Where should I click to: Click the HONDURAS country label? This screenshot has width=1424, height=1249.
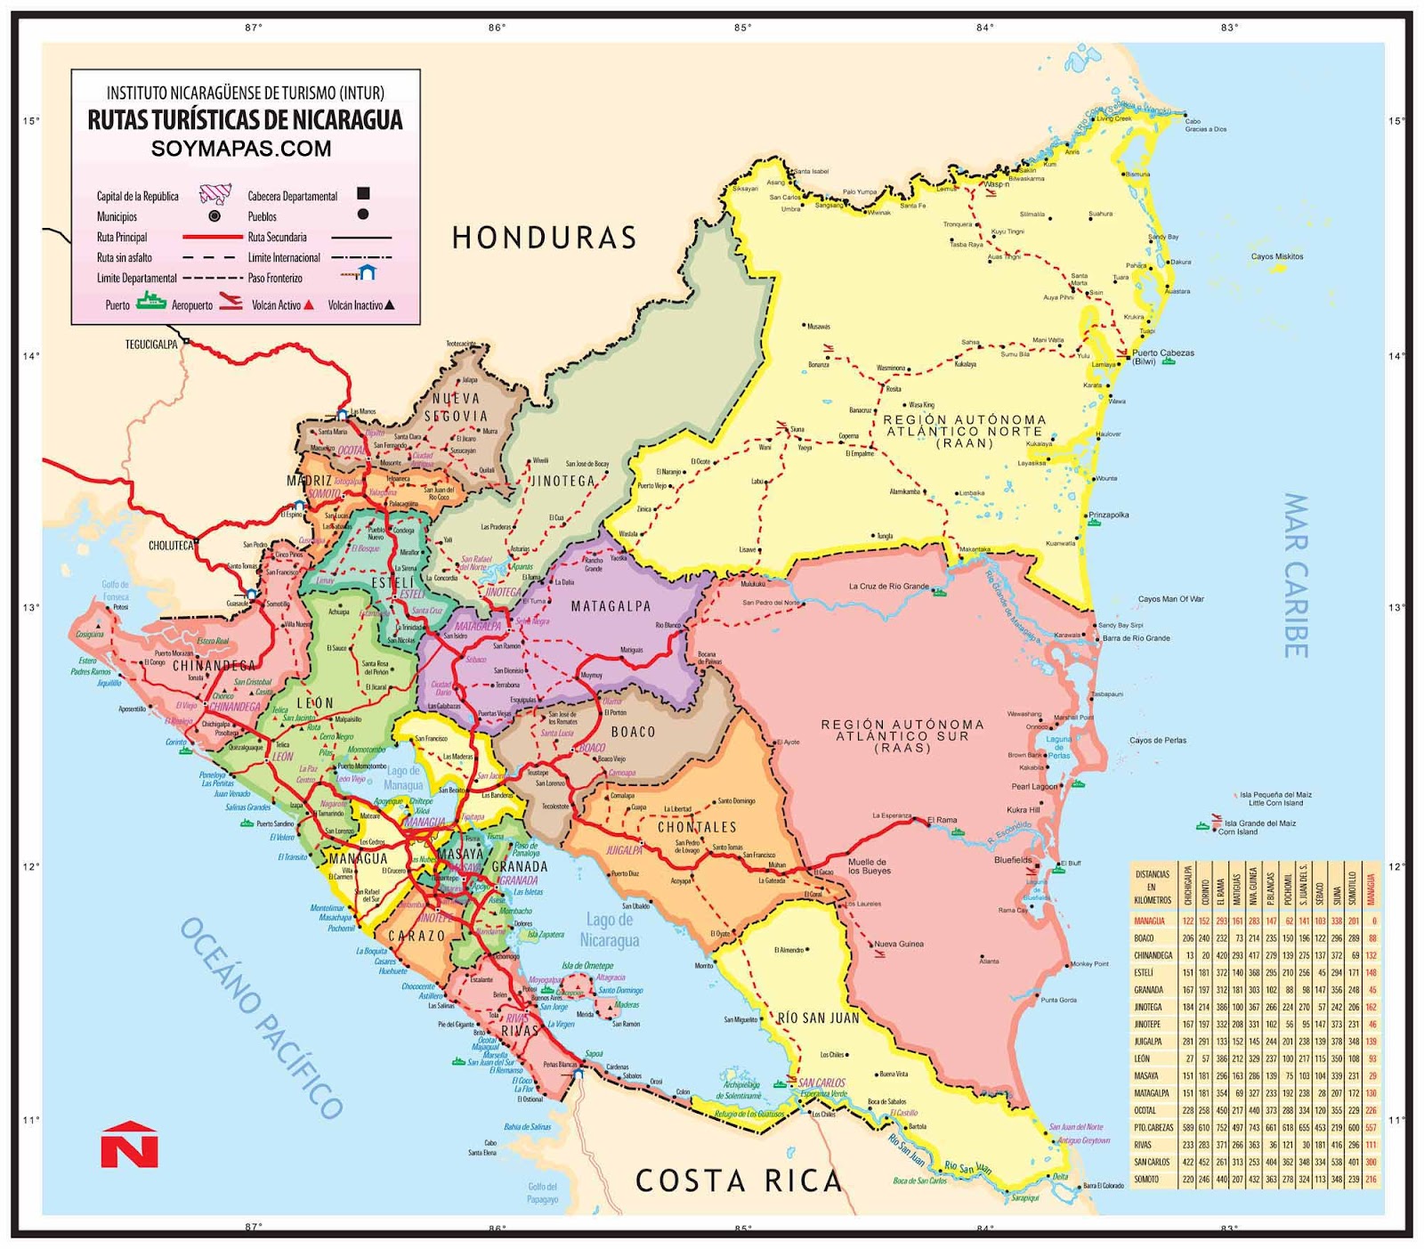tap(545, 238)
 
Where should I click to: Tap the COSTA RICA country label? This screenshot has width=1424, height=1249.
tap(738, 1180)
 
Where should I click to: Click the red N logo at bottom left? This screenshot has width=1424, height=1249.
tap(129, 1145)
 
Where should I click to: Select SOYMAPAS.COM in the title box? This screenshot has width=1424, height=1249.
tap(241, 149)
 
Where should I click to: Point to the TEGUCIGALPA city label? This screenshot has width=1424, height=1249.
tap(151, 345)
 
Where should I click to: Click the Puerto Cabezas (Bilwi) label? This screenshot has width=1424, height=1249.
tap(1162, 357)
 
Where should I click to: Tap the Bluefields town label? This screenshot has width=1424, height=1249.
tap(1013, 860)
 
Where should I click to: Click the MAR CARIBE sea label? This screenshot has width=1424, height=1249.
tap(1295, 575)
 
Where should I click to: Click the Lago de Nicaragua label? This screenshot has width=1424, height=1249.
tap(610, 929)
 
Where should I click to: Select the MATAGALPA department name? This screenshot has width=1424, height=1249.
tap(611, 606)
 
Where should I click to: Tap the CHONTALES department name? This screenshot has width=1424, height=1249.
tap(697, 827)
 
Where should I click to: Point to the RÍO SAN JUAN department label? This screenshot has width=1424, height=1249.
tap(819, 1018)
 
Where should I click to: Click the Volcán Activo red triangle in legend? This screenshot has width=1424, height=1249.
tap(309, 304)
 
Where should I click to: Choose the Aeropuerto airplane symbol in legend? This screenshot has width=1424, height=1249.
tap(231, 303)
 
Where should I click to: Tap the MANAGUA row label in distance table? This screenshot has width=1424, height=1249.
tap(1149, 921)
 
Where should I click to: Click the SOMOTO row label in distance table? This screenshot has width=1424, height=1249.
tap(1146, 1180)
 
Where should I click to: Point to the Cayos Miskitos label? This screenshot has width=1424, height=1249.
tap(1276, 256)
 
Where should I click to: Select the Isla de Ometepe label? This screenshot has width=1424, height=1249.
tap(587, 966)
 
